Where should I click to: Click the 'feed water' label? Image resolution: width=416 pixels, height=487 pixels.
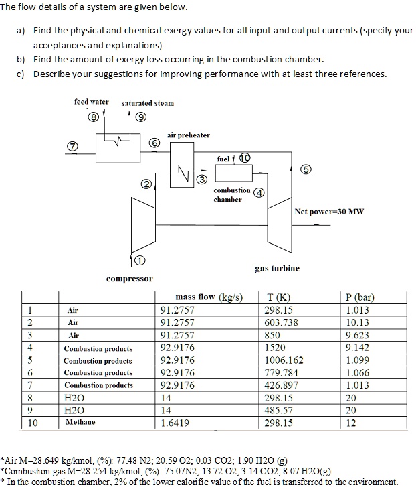[x=91, y=102]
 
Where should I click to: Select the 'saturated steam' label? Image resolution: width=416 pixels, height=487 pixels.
[x=147, y=103]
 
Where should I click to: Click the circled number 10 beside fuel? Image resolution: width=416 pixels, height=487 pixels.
[x=244, y=158]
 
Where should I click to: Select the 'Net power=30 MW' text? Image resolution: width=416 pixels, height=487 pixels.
[x=329, y=212]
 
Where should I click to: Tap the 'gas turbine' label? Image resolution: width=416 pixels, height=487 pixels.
[x=277, y=268]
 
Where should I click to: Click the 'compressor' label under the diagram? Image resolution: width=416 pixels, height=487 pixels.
[x=129, y=278]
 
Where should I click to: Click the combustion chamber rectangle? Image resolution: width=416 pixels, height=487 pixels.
[x=233, y=173]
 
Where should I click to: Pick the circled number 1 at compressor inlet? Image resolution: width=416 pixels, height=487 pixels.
[x=139, y=260]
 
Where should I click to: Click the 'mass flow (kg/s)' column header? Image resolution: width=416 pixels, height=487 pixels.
[x=209, y=297]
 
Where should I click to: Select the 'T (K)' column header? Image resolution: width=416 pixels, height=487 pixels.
[x=278, y=297]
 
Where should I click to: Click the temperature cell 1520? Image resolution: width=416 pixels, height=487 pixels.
[x=276, y=348]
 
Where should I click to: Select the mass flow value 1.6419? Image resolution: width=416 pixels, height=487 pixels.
[x=175, y=423]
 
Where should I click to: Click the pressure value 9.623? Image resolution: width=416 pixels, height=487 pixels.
[x=360, y=335]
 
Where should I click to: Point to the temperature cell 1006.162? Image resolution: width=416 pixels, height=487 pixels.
[x=285, y=360]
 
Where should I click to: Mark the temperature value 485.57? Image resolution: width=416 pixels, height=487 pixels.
[x=280, y=410]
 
